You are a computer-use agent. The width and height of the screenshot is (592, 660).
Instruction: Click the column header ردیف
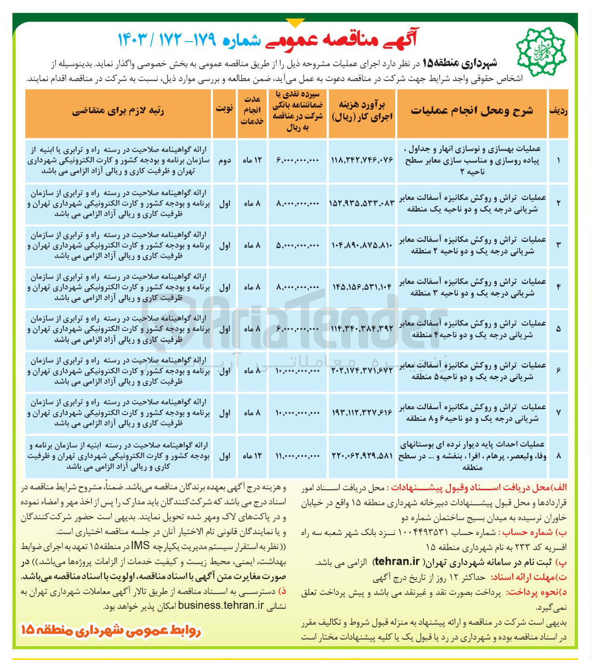click(x=558, y=111)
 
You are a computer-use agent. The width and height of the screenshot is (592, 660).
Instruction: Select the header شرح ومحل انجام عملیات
click(x=472, y=111)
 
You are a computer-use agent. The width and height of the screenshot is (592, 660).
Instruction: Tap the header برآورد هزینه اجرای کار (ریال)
click(x=362, y=111)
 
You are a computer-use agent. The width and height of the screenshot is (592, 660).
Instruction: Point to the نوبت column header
click(x=224, y=109)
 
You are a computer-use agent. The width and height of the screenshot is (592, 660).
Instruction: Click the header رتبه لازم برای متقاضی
click(x=118, y=111)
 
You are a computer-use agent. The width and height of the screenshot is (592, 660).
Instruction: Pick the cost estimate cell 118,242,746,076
click(x=362, y=160)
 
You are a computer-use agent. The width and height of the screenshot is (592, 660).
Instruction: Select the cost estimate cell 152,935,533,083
click(x=362, y=203)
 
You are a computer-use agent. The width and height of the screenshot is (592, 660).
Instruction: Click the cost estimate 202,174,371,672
click(x=362, y=371)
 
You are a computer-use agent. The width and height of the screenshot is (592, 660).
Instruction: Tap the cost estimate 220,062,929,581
click(x=362, y=456)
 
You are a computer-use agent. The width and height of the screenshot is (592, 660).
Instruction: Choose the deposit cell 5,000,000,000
click(x=298, y=245)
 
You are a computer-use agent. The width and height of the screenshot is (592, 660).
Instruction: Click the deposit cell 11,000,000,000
click(x=298, y=456)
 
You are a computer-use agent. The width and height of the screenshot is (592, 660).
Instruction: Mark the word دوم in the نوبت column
click(x=224, y=160)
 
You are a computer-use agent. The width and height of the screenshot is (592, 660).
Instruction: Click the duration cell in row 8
click(x=252, y=456)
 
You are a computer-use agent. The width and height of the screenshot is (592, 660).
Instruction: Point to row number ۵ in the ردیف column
click(x=558, y=329)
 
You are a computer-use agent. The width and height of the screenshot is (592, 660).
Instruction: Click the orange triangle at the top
click(x=295, y=23)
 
